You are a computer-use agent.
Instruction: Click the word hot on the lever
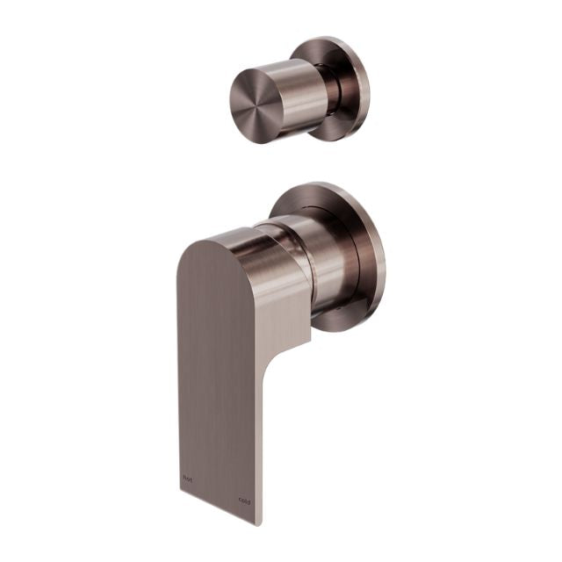185,479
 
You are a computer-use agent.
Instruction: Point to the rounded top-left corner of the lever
188,246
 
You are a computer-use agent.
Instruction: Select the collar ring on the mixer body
281,230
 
